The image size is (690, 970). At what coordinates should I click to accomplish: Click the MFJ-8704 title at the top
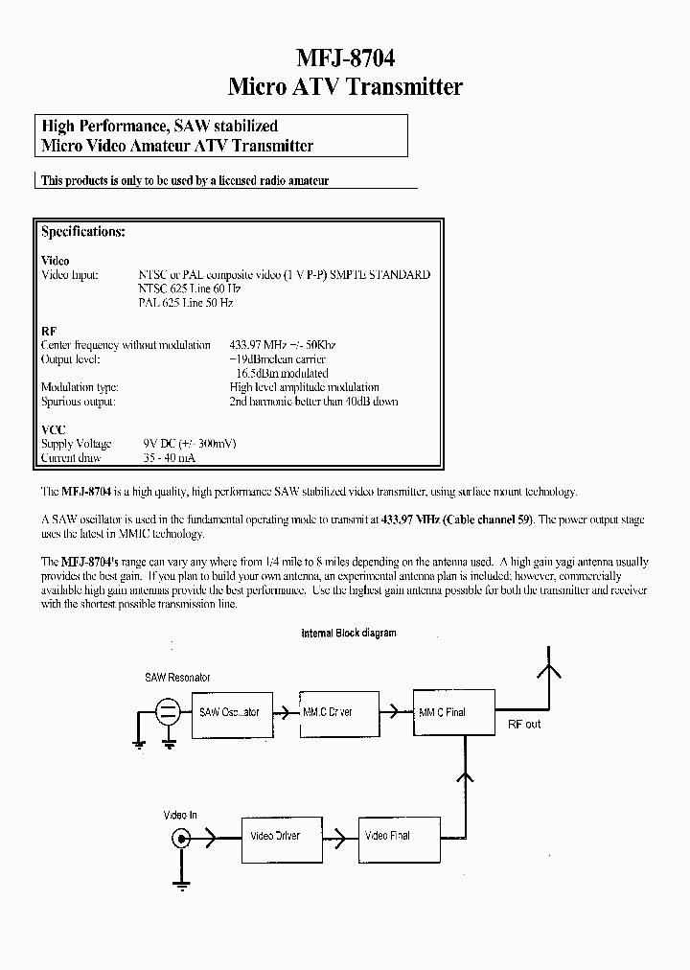(344, 57)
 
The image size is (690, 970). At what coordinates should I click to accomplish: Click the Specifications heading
(83, 232)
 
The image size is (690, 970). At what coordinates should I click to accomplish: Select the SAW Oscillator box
(229, 712)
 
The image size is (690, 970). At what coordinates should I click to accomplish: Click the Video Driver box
(275, 836)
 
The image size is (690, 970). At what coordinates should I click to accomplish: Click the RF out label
(524, 725)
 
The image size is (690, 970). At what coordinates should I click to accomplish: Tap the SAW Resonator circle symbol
(167, 712)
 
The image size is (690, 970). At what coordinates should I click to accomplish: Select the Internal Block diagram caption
(348, 634)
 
